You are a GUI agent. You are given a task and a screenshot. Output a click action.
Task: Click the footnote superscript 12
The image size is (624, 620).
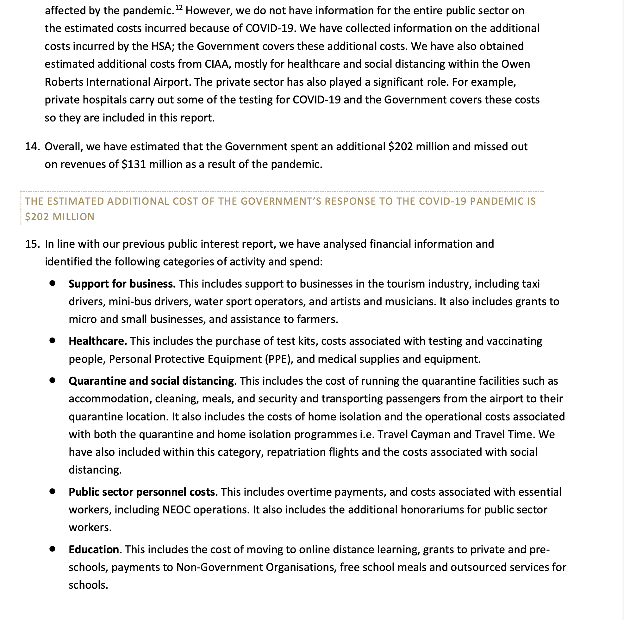pyautogui.click(x=178, y=7)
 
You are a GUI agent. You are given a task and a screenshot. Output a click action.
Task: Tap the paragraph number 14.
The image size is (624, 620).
pyautogui.click(x=32, y=146)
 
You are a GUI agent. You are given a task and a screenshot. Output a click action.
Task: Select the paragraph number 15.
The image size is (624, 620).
pyautogui.click(x=32, y=244)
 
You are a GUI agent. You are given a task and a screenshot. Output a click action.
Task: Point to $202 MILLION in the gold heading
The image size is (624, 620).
pyautogui.click(x=60, y=217)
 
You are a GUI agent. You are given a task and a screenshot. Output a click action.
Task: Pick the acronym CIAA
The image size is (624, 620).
pyautogui.click(x=217, y=64)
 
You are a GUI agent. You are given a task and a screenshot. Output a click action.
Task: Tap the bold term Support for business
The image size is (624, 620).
pyautogui.click(x=122, y=284)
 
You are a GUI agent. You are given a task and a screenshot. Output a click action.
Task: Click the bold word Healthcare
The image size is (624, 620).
pyautogui.click(x=97, y=341)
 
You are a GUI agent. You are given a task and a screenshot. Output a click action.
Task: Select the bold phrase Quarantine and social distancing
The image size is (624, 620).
pyautogui.click(x=151, y=381)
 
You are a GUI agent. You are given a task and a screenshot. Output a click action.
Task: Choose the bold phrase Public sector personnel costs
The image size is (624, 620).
pyautogui.click(x=141, y=492)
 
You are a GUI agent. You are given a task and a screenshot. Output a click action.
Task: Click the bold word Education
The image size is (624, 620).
pyautogui.click(x=94, y=549)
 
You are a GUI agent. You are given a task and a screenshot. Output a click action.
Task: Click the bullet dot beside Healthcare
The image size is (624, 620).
pyautogui.click(x=52, y=340)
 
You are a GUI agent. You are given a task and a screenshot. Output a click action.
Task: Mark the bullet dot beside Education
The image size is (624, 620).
pyautogui.click(x=52, y=549)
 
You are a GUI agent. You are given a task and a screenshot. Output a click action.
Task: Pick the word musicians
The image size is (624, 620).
pyautogui.click(x=408, y=301)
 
